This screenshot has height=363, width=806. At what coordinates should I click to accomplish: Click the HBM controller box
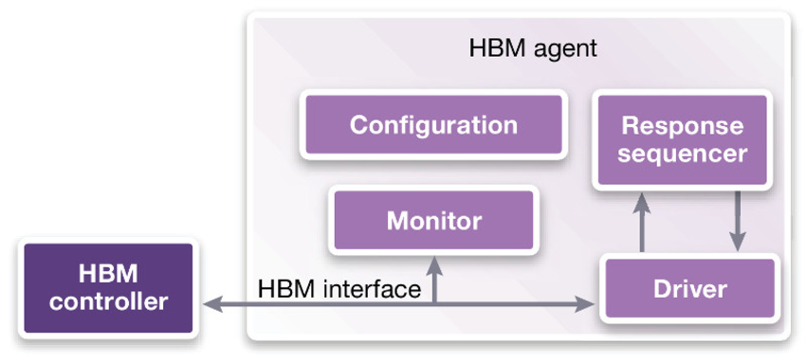coord(108,288)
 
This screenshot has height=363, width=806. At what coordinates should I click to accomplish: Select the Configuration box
coord(433,124)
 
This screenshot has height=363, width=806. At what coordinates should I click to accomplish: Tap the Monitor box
coord(433,221)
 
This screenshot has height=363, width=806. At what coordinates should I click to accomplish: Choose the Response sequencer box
coord(682,139)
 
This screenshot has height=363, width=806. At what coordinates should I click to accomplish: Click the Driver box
coord(689,288)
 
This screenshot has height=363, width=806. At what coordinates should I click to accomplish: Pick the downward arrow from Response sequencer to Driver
coord(736,223)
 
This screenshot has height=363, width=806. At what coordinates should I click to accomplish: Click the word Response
coord(682,126)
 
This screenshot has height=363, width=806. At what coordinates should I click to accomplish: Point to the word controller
coord(108,302)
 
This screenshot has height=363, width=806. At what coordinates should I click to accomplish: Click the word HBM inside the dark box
coord(108,275)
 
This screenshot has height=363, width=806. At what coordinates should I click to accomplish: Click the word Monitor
coord(433,221)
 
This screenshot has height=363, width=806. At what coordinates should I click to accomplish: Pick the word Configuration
coord(433,124)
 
